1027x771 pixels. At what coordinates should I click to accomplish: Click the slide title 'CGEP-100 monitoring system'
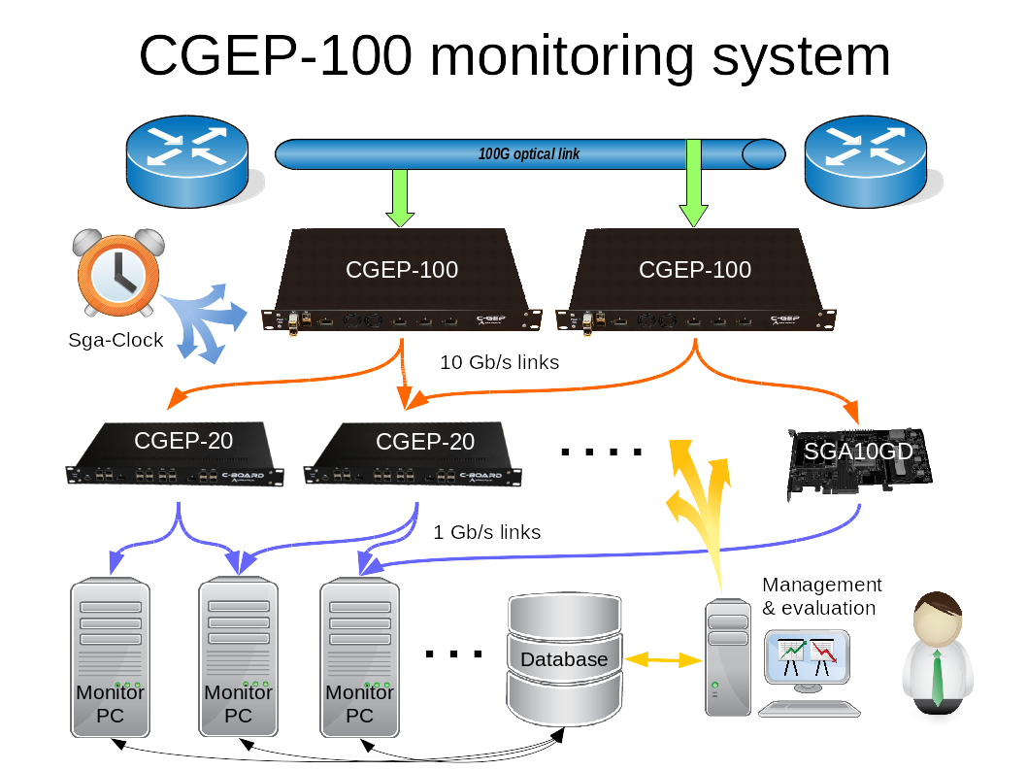pos(514,55)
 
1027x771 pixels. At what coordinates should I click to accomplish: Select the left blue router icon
pos(188,162)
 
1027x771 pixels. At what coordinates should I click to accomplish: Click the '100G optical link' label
pos(529,154)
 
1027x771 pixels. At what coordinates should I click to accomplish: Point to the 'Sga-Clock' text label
pos(116,340)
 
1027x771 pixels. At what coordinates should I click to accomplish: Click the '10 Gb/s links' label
pos(499,362)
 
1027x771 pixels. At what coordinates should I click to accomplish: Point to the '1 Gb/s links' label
pos(486,532)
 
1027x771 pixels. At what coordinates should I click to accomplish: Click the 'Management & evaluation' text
pos(821,596)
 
